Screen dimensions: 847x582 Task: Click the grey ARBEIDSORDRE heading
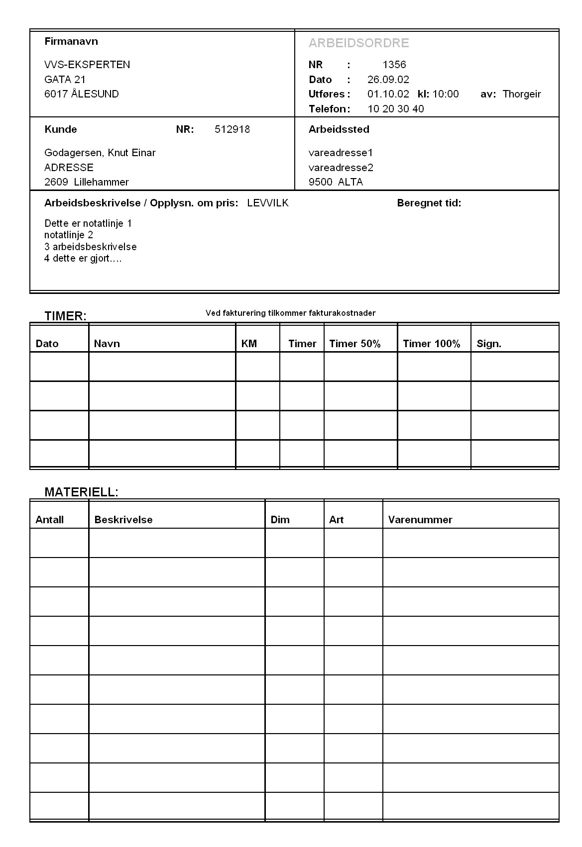[358, 43]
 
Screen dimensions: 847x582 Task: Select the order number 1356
[394, 65]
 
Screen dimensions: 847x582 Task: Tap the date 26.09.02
[388, 80]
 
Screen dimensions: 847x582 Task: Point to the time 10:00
[446, 94]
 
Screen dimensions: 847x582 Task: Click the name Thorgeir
[521, 94]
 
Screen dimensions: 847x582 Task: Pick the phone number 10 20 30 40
[395, 109]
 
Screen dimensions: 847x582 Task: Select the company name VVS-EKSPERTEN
[87, 65]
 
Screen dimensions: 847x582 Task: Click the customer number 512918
[232, 130]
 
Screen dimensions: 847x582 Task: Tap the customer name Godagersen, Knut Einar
[100, 153]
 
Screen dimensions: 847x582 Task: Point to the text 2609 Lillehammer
[86, 182]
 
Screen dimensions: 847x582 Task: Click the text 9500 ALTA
[336, 182]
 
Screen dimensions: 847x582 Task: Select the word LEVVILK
[267, 203]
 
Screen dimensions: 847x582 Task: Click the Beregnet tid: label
[429, 203]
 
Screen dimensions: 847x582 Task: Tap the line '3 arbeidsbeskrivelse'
[90, 247]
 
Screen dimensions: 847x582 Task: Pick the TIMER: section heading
[65, 316]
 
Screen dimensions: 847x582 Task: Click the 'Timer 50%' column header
[354, 344]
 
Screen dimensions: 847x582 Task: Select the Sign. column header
[488, 344]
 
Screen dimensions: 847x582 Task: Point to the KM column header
[248, 344]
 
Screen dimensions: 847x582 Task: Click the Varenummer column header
[420, 520]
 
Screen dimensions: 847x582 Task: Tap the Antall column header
[49, 520]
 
